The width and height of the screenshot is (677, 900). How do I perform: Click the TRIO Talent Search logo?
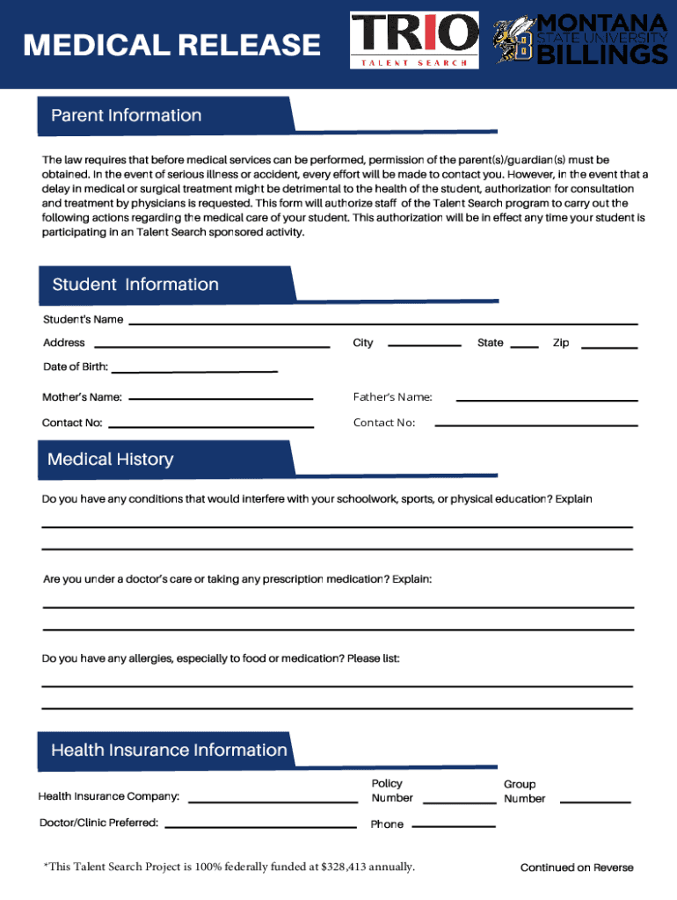click(415, 40)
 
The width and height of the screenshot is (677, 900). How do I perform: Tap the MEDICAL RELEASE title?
click(172, 45)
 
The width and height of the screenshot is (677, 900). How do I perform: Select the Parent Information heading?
click(127, 116)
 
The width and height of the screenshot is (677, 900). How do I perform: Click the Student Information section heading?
click(135, 285)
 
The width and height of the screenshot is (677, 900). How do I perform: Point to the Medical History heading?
click(111, 460)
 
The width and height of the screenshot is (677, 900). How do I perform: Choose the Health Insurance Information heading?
click(169, 751)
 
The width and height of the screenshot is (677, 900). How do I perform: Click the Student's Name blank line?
click(383, 323)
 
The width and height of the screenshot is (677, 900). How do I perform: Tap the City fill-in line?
click(425, 345)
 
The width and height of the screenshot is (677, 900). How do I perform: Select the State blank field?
click(524, 346)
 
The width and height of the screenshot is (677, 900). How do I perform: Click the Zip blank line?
click(610, 347)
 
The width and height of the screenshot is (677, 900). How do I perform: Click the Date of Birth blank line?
click(193, 370)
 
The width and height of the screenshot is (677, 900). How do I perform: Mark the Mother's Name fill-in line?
click(221, 398)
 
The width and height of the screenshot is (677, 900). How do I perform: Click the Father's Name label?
click(392, 397)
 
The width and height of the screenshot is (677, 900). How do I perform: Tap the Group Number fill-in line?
click(595, 802)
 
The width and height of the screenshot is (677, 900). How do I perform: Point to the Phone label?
click(387, 824)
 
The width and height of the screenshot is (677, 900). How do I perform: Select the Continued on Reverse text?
click(576, 867)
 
